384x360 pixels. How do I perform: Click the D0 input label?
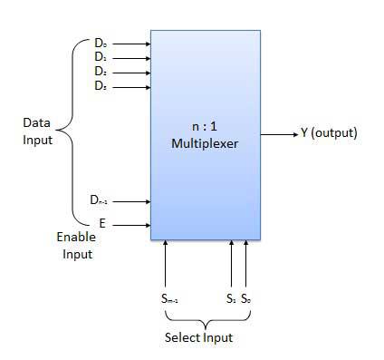(100, 43)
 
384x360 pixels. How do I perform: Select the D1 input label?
(100, 57)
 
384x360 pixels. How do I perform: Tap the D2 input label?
(100, 72)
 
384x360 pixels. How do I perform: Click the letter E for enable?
(101, 222)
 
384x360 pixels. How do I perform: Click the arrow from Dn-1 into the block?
(133, 201)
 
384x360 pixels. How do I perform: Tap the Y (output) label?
(329, 133)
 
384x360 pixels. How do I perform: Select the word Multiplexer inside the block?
(204, 143)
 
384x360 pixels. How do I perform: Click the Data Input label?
(38, 131)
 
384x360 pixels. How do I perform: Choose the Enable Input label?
(76, 245)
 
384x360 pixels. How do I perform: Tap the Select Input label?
(198, 338)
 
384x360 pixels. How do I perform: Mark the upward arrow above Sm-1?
(166, 263)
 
